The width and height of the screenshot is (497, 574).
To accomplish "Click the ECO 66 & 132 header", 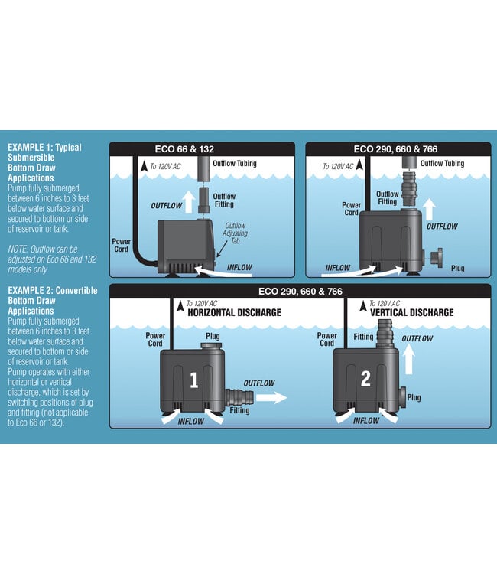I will coord(202,149).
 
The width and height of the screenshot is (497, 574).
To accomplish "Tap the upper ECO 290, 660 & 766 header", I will coord(395,149).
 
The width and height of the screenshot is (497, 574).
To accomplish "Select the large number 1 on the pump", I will coord(193,379).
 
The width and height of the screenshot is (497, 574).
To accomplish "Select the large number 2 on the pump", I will coord(365,379).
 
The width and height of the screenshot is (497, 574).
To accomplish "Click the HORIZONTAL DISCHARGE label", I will coord(234,312).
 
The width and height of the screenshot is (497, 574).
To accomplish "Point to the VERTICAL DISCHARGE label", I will coord(411,312).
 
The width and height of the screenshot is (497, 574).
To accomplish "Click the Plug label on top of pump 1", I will coord(214,335).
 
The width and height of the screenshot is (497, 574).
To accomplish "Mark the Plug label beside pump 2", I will coord(414,397).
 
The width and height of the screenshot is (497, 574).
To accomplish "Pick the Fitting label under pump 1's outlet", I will coord(239,411).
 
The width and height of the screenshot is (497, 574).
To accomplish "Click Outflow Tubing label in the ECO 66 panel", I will coord(235,164).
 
